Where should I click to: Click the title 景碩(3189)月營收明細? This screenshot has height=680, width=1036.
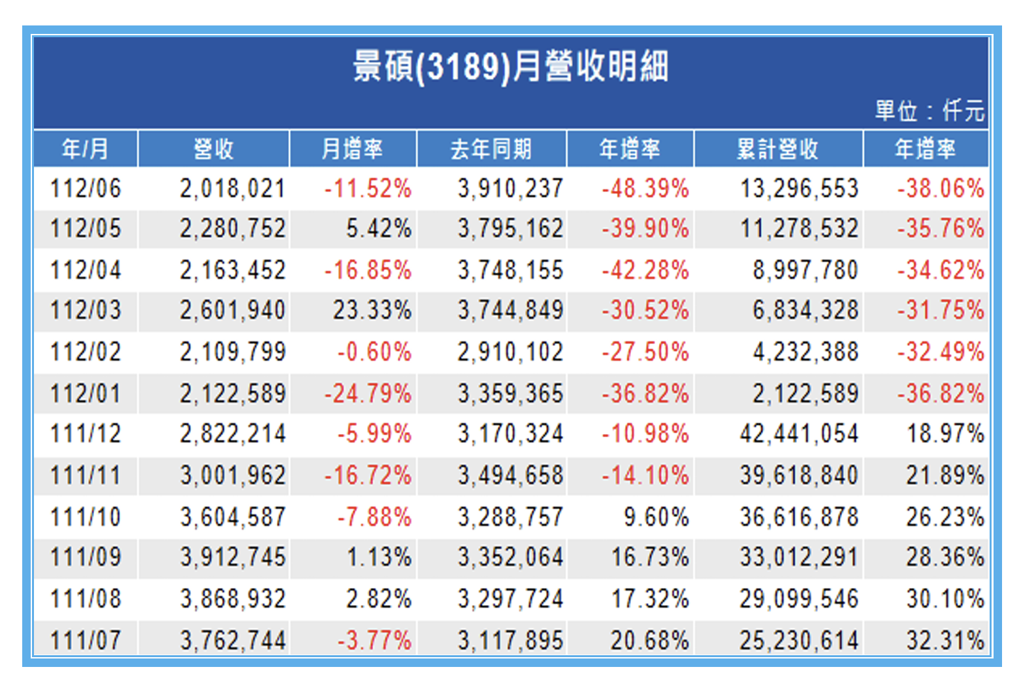pos(510,67)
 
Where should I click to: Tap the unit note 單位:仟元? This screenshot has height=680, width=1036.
pos(929,111)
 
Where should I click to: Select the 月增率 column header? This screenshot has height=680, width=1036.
pos(352,149)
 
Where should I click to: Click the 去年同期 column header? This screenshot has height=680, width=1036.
pos(491,149)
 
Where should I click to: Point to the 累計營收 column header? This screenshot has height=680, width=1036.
pos(777,149)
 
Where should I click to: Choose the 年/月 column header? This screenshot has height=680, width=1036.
pos(86,149)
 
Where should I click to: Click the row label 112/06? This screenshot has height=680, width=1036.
pos(86,189)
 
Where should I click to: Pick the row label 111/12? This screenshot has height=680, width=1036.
pos(86,434)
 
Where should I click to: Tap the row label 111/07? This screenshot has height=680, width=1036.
pos(86,640)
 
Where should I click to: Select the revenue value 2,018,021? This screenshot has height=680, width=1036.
pos(233,189)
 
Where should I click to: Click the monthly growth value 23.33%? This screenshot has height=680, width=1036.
pos(372,311)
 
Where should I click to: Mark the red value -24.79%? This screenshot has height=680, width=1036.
pos(368,394)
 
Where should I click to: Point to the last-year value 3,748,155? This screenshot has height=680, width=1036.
pos(510,270)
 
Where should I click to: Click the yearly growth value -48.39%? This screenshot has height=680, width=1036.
pos(645,189)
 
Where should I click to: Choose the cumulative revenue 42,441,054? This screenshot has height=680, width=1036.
pos(798,434)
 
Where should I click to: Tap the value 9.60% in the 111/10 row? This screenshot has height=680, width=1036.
pos(656,517)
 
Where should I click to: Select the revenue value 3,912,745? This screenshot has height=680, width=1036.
pos(233,557)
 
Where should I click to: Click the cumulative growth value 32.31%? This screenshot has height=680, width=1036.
pos(945,640)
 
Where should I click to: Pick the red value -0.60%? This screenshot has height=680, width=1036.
pos(374,352)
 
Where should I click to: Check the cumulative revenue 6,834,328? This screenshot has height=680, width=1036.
pos(805,311)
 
